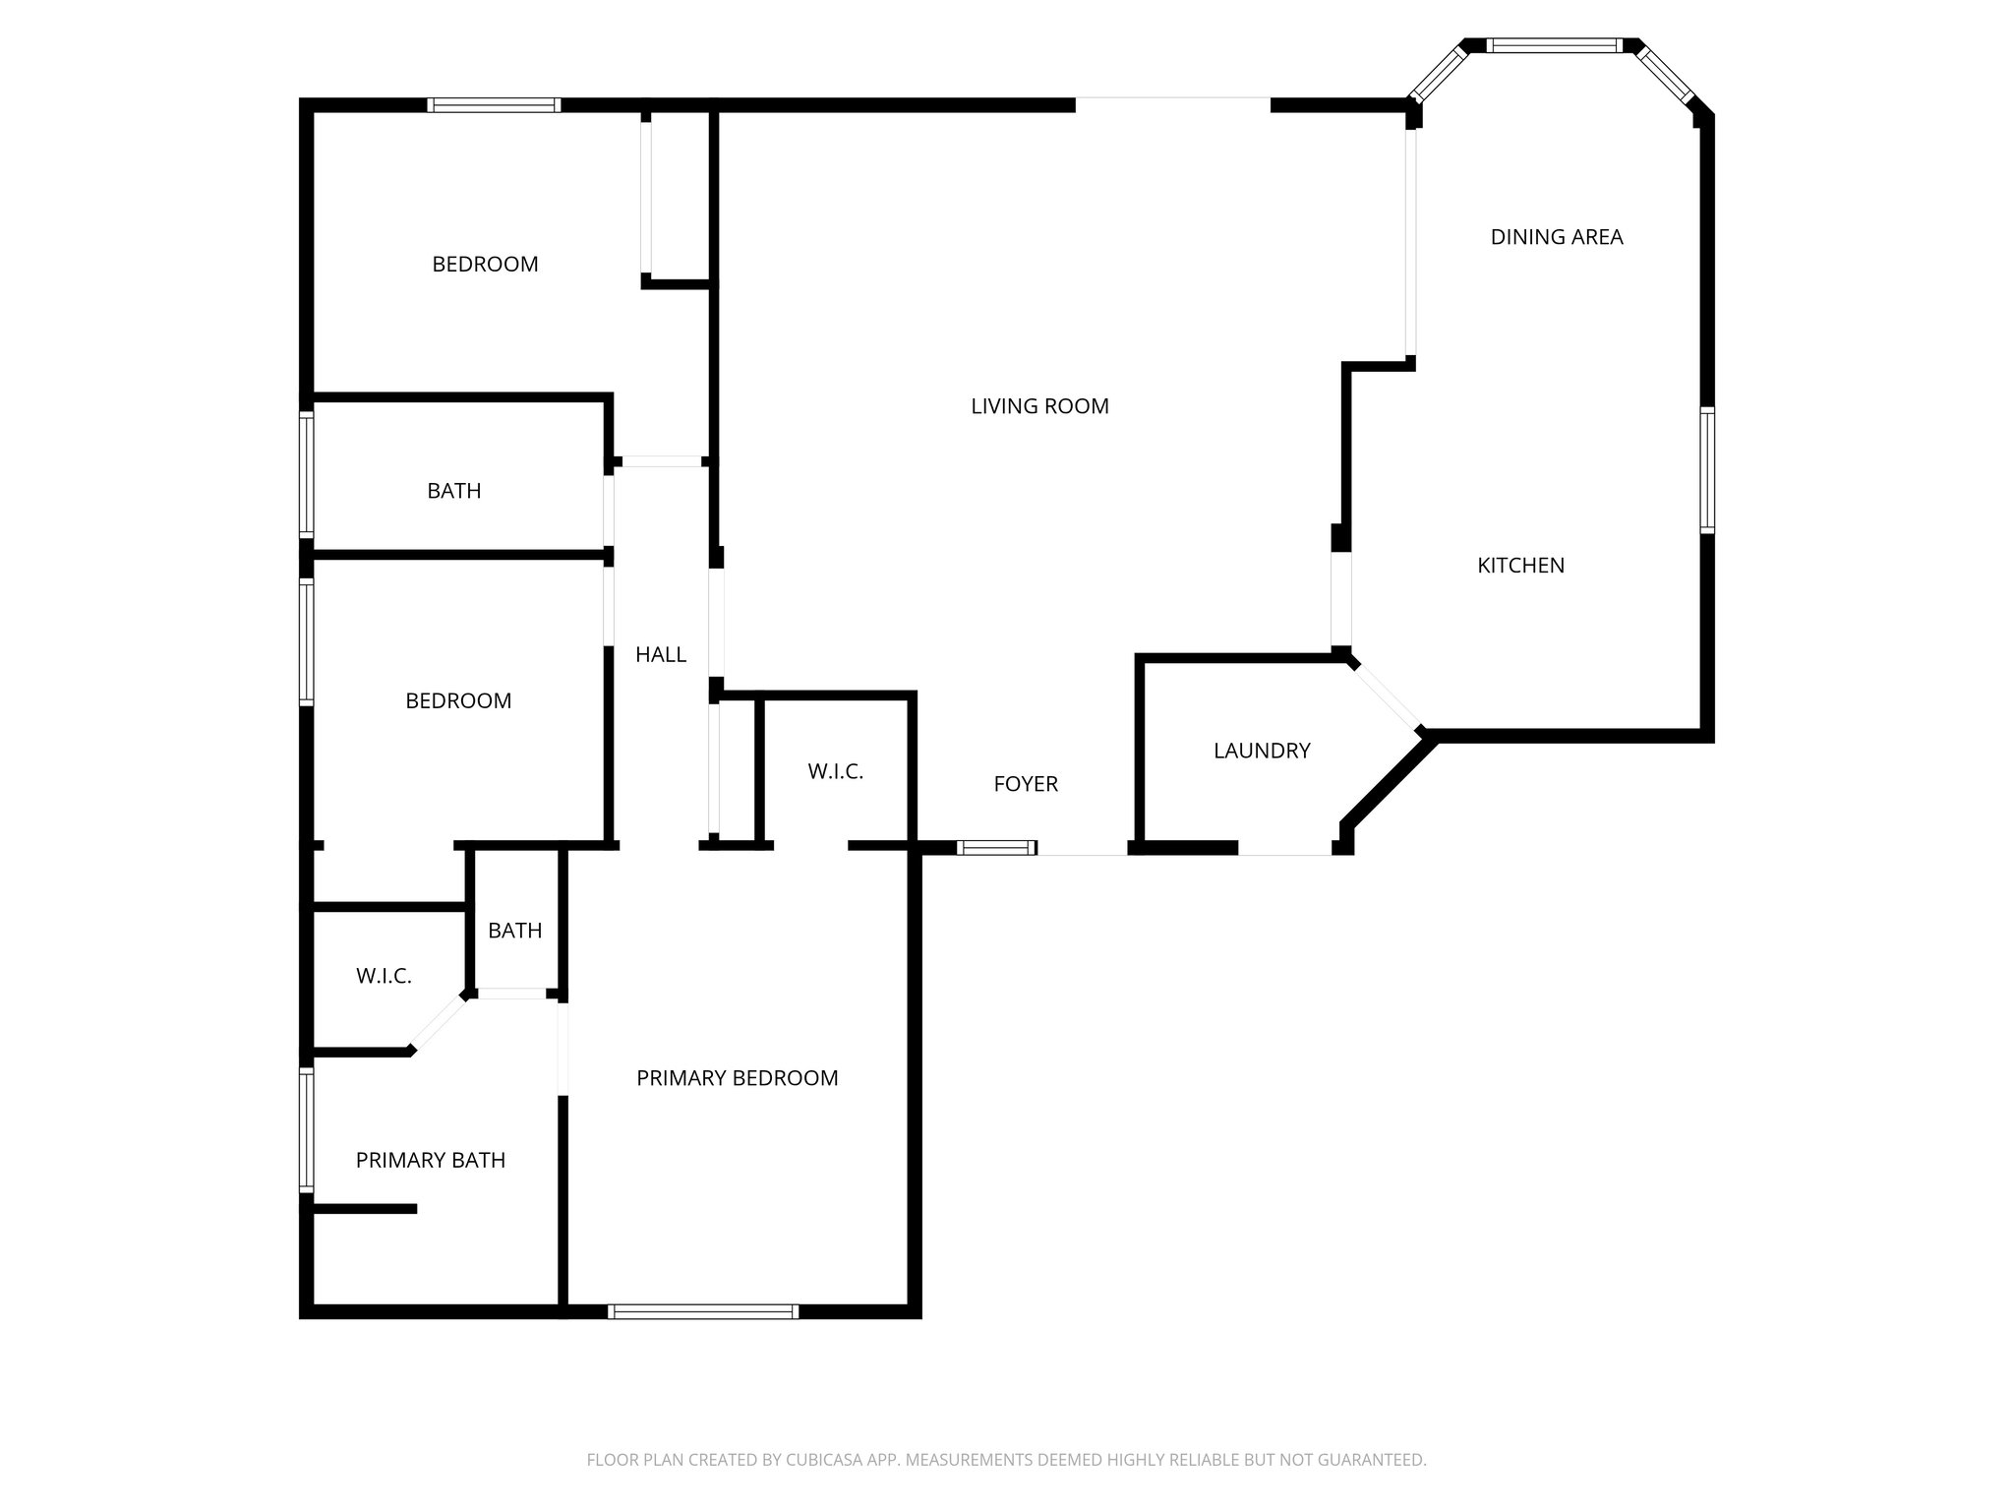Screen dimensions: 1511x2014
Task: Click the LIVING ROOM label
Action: coord(1039,406)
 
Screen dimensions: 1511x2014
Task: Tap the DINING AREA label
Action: coord(1556,237)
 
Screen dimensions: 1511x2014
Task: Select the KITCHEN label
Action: coord(1520,566)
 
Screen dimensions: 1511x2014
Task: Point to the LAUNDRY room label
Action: coord(1262,751)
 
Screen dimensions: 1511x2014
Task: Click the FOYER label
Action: coord(1026,784)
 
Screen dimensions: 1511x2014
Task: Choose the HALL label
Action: coord(660,655)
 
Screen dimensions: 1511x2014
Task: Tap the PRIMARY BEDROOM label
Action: coord(737,1078)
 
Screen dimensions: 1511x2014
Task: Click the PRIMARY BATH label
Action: coord(430,1161)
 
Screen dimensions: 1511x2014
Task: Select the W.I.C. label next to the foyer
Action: coord(835,772)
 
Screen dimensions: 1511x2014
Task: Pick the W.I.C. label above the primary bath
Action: coord(384,976)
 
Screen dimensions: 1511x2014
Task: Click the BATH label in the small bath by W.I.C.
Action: coord(514,931)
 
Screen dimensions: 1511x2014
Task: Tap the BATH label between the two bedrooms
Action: coord(453,491)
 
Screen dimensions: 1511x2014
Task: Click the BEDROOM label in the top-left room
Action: coord(485,265)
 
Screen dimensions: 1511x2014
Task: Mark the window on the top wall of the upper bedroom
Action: coord(495,105)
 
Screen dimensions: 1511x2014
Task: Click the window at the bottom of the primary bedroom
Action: coord(703,1311)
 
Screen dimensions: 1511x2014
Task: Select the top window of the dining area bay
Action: coord(1553,45)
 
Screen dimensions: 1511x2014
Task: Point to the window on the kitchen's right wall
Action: coord(1707,470)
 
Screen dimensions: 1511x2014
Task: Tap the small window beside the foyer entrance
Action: coord(996,847)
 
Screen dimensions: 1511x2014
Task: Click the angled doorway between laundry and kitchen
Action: coord(1386,695)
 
